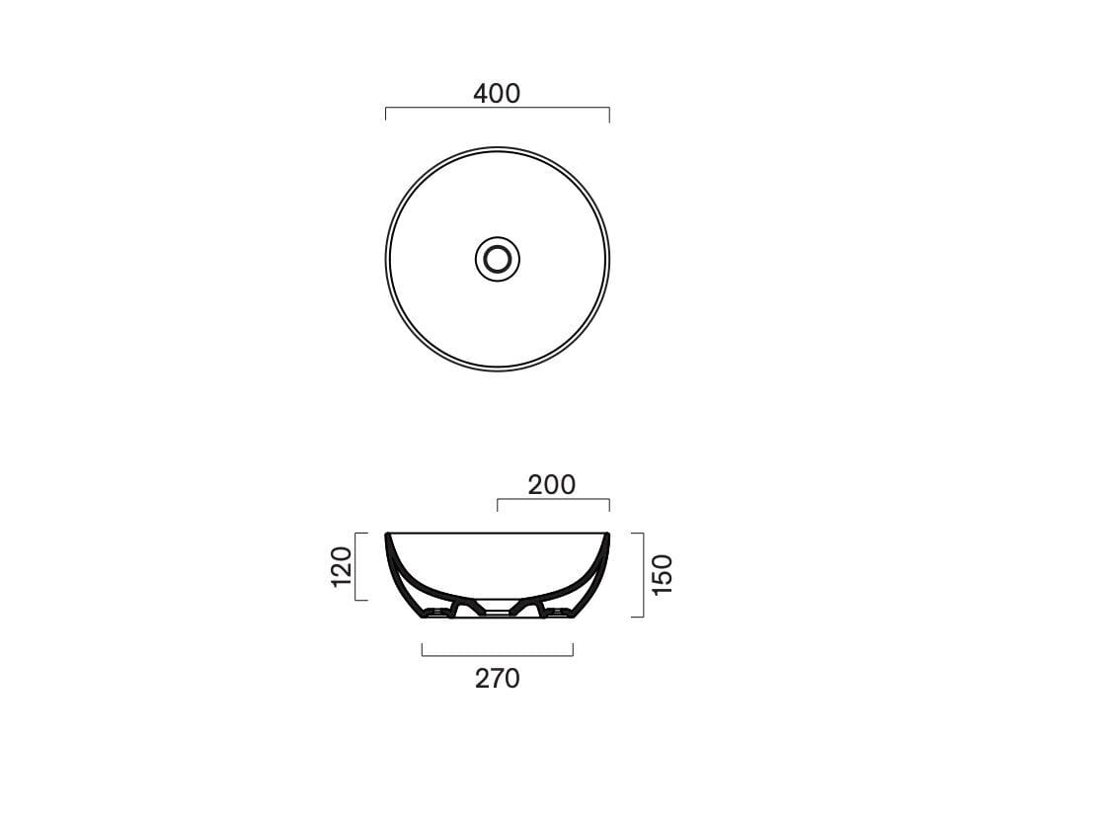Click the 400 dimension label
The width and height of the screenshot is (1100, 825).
497,94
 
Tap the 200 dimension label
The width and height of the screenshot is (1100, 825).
551,484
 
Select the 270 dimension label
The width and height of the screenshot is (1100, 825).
498,678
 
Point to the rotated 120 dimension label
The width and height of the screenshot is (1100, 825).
341,566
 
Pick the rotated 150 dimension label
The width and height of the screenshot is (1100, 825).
663,574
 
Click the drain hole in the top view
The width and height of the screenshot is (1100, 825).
498,259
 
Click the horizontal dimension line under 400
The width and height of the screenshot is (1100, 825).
498,108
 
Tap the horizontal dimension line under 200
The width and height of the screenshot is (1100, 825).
554,499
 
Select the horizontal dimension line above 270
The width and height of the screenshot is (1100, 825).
498,656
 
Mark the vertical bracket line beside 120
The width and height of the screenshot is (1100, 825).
367,566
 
